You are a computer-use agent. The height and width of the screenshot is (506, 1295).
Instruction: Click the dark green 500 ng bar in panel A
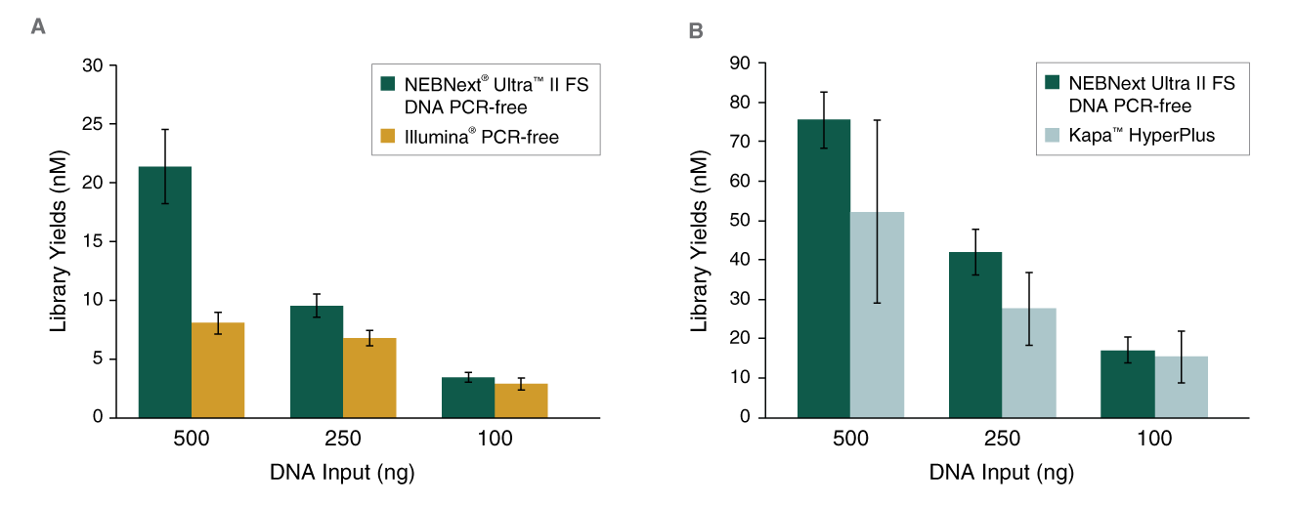tap(165, 292)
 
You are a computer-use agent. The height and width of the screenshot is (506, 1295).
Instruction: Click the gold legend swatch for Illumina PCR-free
tap(388, 138)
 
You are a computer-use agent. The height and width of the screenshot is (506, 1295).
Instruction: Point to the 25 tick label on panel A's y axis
tap(92, 124)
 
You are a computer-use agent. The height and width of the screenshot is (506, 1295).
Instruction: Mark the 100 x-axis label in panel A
tap(495, 440)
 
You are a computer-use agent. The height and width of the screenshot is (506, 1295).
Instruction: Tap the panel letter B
tap(696, 31)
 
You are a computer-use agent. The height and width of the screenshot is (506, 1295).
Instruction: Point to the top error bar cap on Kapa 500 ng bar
tap(877, 120)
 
